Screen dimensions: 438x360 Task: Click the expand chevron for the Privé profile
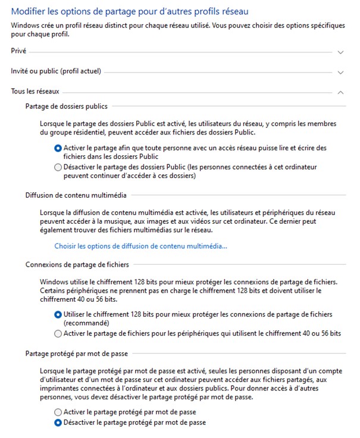[340, 52]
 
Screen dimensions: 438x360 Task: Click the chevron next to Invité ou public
[340, 73]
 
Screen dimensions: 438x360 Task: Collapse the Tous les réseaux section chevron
[340, 92]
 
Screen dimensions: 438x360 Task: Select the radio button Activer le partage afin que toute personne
[58, 148]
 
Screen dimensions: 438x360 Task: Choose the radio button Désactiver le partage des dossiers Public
[58, 167]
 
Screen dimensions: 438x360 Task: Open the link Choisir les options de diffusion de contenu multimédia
[140, 246]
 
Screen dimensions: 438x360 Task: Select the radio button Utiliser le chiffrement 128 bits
[58, 314]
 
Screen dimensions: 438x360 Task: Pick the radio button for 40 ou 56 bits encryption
[58, 333]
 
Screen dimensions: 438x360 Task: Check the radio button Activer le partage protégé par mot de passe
[58, 412]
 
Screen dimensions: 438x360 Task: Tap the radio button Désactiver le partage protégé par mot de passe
[58, 423]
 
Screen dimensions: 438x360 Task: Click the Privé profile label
[18, 52]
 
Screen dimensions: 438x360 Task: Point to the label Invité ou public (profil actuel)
[56, 71]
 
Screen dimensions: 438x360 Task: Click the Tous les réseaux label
[35, 92]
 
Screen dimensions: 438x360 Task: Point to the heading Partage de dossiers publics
[67, 107]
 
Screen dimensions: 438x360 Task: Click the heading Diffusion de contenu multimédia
[76, 195]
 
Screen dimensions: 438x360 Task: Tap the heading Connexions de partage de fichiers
[77, 264]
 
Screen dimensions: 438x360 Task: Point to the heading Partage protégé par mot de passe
[77, 353]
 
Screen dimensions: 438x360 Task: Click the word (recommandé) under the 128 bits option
[87, 323]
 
